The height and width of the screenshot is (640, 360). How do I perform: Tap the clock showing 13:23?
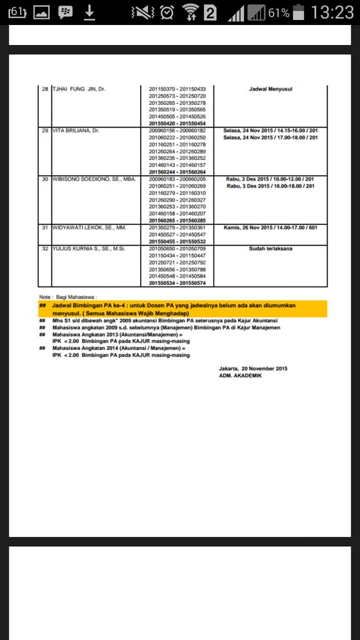pos(332,12)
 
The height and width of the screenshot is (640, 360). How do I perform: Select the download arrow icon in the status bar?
pos(89,12)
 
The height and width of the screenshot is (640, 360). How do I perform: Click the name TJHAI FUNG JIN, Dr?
pos(79,89)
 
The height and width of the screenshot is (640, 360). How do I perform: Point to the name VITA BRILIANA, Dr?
pos(76,130)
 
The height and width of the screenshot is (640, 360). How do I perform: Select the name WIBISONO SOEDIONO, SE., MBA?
pos(94,179)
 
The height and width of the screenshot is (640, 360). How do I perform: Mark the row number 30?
pos(45,179)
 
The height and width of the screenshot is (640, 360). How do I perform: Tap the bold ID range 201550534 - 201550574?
pos(177,283)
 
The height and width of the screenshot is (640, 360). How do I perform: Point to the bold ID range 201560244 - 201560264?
pos(177,172)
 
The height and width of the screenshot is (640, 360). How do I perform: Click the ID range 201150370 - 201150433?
pos(177,89)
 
